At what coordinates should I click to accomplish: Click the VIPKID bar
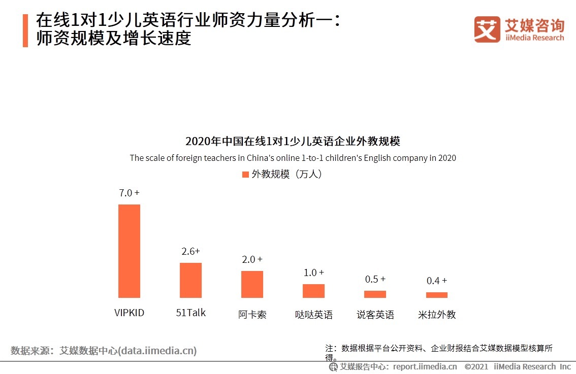point(129,251)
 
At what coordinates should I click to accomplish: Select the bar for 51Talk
point(190,280)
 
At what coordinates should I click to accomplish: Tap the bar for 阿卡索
point(252,284)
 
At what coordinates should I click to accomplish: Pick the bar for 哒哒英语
point(313,291)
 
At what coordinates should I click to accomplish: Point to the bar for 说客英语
point(375,294)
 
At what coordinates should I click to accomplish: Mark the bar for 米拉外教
point(436,295)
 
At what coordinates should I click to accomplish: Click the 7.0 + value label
point(129,193)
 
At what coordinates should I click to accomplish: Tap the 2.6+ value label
point(190,251)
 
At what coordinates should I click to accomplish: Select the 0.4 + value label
point(436,281)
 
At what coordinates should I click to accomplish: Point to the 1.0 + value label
point(313,273)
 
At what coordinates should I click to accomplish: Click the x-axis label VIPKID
point(129,313)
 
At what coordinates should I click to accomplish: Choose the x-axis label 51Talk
point(190,313)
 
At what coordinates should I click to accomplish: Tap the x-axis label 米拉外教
point(436,315)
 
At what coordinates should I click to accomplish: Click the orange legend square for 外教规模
point(245,175)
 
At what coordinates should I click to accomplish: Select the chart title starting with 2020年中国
point(293,141)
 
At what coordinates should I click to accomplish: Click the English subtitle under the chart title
point(293,158)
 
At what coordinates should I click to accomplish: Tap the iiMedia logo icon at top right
point(487,29)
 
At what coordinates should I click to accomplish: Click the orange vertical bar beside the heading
point(25,30)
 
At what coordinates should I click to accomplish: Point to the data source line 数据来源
point(104,351)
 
